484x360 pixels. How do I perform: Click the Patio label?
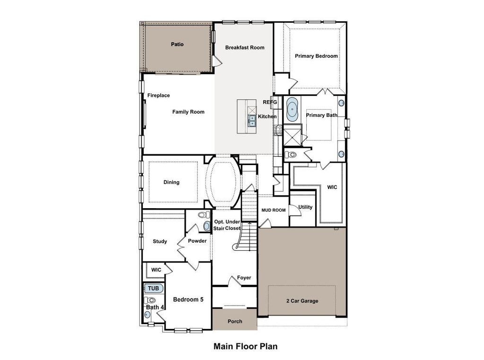pos(177,44)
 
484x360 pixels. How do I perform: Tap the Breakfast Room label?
pos(244,47)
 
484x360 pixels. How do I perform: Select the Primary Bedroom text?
pos(316,56)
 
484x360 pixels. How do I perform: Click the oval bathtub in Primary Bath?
pos(293,108)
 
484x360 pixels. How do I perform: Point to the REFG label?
pos(269,102)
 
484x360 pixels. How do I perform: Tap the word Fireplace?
pos(158,96)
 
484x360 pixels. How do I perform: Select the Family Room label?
pos(188,112)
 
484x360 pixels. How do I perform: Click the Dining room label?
pos(171,182)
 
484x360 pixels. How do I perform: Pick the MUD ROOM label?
pos(274,210)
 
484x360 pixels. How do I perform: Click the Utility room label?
pos(305,207)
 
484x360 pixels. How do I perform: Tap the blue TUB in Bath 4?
pos(153,288)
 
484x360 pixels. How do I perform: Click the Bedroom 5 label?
pos(188,299)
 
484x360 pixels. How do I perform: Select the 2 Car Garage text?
pos(302,301)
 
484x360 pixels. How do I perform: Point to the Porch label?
pos(234,322)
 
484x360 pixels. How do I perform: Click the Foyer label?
pos(244,278)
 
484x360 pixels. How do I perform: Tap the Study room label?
pos(160,241)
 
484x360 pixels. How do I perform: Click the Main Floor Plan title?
pos(245,346)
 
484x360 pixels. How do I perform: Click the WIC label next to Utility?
pos(332,187)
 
